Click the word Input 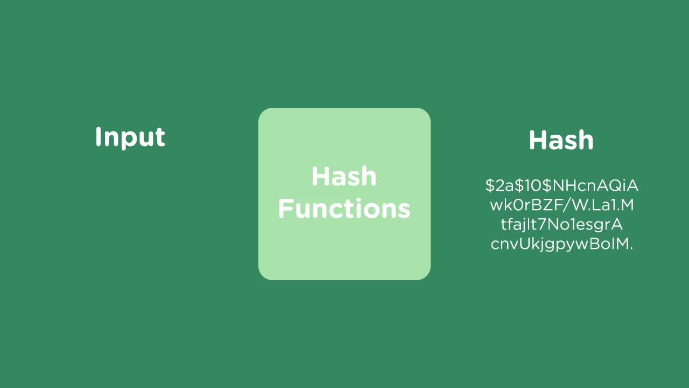[x=130, y=137]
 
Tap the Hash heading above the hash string [x=561, y=140]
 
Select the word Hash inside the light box [x=344, y=177]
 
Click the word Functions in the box [x=344, y=209]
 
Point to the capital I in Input [x=99, y=137]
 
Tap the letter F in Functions [x=284, y=209]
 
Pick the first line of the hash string [x=561, y=186]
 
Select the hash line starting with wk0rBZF [x=561, y=205]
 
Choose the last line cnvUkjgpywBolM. [x=561, y=244]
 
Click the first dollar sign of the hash [x=489, y=186]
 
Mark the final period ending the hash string [x=631, y=247]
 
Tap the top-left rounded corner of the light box [x=264, y=113]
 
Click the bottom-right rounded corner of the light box [x=425, y=275]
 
